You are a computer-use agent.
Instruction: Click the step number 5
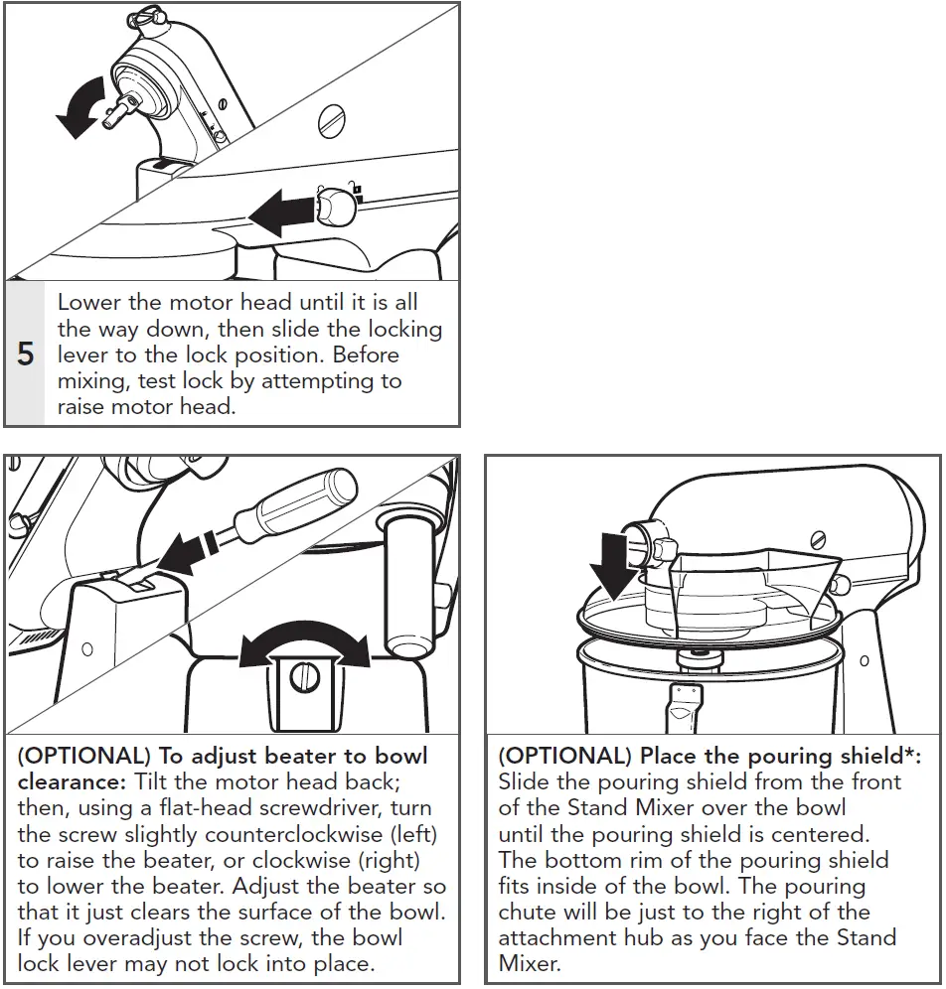[x=25, y=354]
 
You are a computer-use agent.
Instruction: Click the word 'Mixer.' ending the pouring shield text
[x=530, y=962]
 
